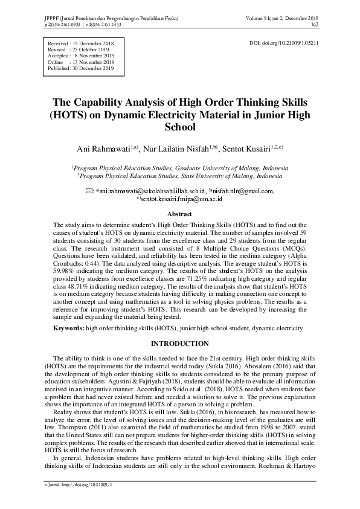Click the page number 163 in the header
(315, 25)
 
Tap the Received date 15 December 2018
(97, 44)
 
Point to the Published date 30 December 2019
(97, 68)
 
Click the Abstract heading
(179, 214)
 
